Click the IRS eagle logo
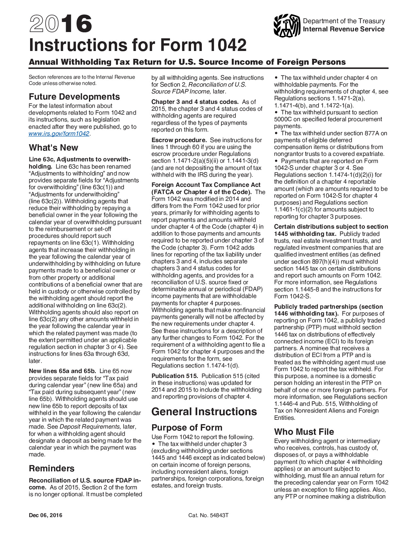tap(287, 25)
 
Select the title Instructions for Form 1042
tap(138, 45)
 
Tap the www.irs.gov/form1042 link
tap(59, 134)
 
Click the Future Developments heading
tap(74, 97)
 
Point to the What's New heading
tap(53, 148)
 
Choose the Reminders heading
tap(52, 468)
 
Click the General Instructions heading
tap(204, 412)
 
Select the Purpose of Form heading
tap(187, 428)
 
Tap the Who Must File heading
tap(304, 432)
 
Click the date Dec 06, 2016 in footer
tap(45, 515)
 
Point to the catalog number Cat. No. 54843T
tap(208, 515)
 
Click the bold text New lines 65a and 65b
tap(62, 371)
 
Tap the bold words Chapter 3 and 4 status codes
tap(195, 102)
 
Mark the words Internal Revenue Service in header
tap(343, 29)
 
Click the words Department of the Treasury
tap(344, 21)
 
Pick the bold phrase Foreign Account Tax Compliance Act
tap(206, 185)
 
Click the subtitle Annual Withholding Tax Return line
tap(187, 62)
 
